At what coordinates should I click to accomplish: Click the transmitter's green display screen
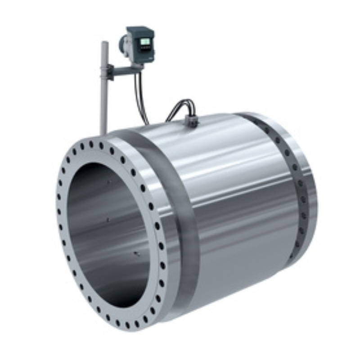coord(145,41)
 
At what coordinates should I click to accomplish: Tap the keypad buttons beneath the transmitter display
coord(145,50)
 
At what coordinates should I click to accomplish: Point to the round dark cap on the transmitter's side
coord(122,44)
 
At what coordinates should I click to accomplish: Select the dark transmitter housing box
coord(140,44)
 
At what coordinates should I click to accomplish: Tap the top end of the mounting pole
coord(104,43)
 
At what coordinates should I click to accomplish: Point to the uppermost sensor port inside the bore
coord(108,183)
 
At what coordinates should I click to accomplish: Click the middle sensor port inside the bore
coord(108,220)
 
